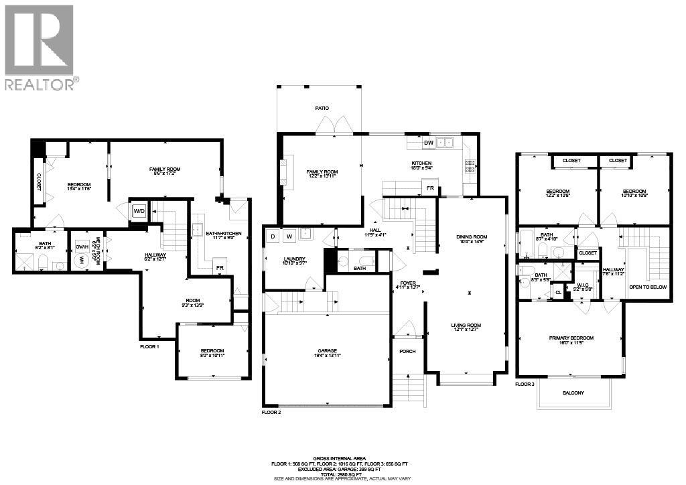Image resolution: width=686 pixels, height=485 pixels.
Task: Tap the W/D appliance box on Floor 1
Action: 140,210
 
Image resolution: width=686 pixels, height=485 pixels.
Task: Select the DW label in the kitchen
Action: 428,143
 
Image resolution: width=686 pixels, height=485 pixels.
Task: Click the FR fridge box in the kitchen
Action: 431,189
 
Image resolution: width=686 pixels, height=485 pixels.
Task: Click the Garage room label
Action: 327,350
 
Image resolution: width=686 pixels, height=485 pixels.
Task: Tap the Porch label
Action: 407,352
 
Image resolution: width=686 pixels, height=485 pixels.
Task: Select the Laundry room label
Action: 294,259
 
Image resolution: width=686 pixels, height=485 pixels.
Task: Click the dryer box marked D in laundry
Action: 273,236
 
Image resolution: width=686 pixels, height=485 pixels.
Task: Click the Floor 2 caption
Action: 271,413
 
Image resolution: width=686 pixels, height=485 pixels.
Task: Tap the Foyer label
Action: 409,283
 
